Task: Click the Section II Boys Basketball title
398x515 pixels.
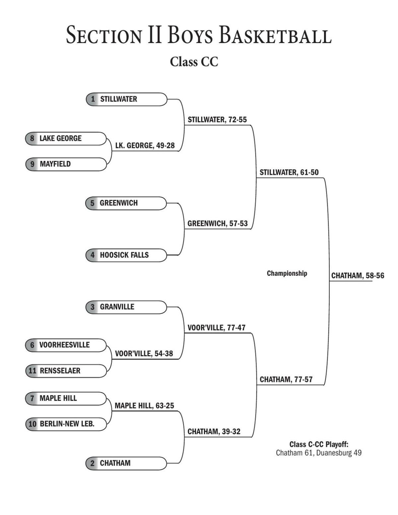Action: (x=199, y=35)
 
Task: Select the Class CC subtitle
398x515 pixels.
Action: (x=194, y=62)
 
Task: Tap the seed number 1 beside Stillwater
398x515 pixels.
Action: (x=93, y=99)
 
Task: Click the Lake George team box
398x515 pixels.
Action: (x=66, y=138)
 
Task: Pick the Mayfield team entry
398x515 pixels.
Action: (x=66, y=164)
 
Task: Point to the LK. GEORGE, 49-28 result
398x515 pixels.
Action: (x=145, y=145)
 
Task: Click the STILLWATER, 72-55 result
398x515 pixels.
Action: (x=217, y=120)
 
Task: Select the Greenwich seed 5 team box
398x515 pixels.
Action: (x=126, y=203)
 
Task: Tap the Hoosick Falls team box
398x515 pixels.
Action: (x=126, y=255)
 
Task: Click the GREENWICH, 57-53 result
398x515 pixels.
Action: (x=218, y=224)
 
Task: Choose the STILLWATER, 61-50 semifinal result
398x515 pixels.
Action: (x=289, y=172)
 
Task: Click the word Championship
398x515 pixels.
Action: (x=287, y=273)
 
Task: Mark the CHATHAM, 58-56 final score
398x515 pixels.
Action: (x=358, y=276)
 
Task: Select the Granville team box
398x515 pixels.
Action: (x=126, y=307)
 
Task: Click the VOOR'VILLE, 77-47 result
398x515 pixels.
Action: (x=217, y=328)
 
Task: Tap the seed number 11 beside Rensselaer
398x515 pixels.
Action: (x=32, y=371)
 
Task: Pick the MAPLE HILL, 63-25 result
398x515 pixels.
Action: (x=144, y=406)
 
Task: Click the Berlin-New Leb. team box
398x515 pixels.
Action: (x=66, y=424)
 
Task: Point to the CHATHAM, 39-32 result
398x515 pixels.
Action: (x=214, y=431)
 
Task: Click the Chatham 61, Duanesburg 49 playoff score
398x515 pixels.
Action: (x=319, y=453)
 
